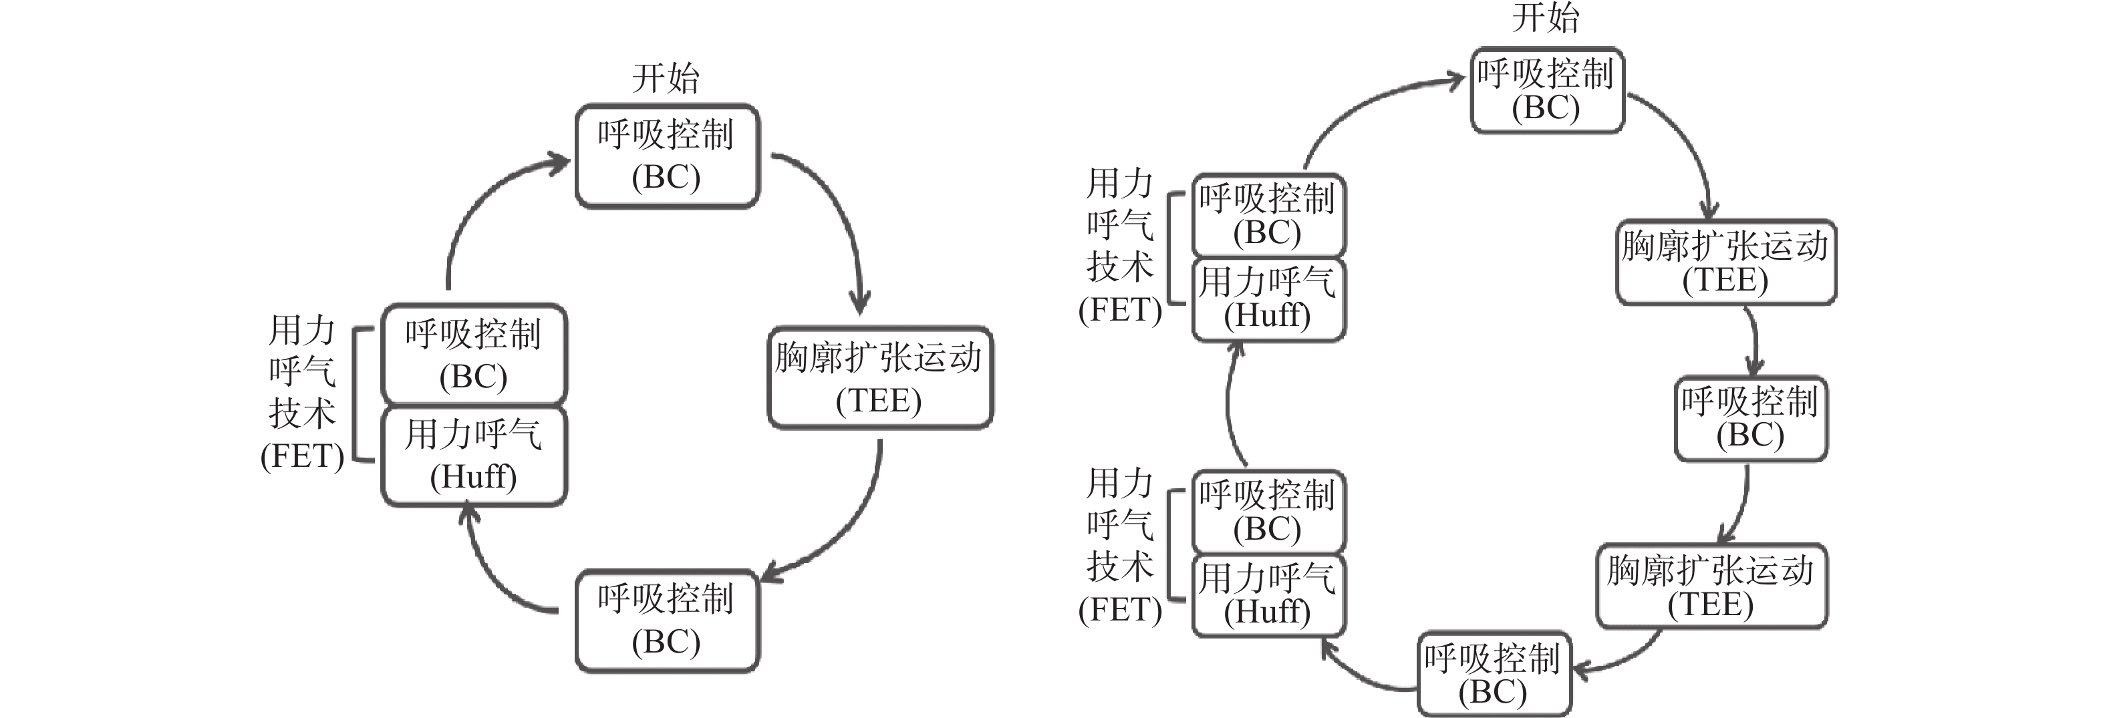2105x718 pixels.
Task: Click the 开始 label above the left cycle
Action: click(666, 78)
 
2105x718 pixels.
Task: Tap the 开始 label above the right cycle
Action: click(1545, 18)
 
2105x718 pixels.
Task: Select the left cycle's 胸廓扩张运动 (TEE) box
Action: click(880, 378)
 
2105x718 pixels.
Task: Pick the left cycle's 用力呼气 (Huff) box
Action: click(474, 456)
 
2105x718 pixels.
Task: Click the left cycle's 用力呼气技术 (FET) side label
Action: click(302, 393)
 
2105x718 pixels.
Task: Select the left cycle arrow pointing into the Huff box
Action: click(490, 572)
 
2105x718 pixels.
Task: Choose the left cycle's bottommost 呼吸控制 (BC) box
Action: click(667, 620)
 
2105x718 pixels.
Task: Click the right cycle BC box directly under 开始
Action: click(1546, 90)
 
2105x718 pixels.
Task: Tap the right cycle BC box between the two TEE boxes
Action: click(1750, 418)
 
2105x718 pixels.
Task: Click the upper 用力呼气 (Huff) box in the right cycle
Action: click(1268, 299)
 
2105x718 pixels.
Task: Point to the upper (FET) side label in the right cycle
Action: click(1120, 246)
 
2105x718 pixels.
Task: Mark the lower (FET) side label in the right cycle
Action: click(1120, 546)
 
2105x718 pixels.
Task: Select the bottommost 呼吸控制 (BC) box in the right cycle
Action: click(1493, 675)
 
